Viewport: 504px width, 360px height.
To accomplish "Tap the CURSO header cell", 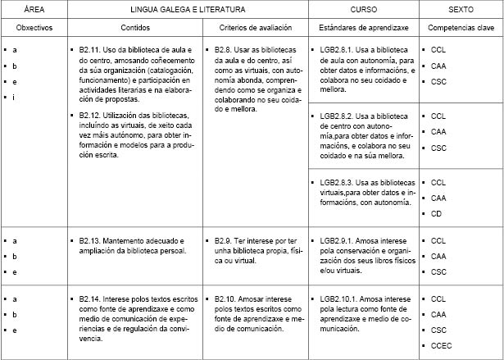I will [363, 9].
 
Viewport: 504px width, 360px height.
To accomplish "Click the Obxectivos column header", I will [34, 28].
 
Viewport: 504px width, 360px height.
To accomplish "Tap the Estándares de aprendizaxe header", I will [363, 28].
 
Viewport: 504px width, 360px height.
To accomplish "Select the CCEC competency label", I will [441, 345].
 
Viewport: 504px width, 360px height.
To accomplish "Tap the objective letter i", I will [16, 98].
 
